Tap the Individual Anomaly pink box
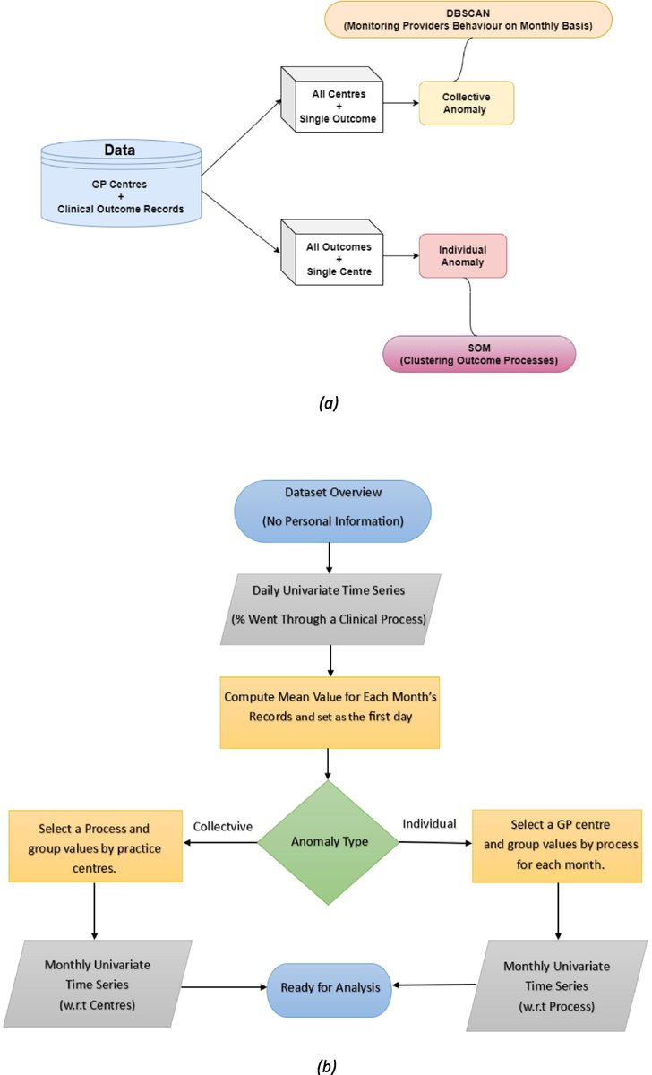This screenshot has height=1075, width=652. [462, 255]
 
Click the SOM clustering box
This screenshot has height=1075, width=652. [478, 353]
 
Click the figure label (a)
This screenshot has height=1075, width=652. [326, 403]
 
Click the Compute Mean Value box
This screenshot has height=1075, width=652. [329, 712]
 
